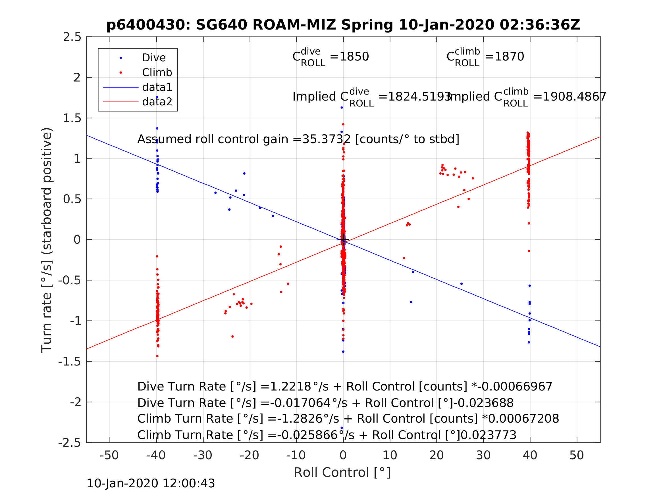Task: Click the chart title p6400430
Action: pos(343,25)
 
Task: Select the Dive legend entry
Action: pos(153,58)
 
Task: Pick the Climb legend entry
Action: pos(157,72)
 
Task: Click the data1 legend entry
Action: pos(157,87)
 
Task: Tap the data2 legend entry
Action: pos(157,102)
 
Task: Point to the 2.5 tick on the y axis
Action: pos(72,37)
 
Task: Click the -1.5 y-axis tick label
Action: pos(70,362)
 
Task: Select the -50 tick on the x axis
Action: pos(109,455)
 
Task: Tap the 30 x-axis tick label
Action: pos(483,455)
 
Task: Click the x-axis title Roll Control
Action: pos(342,473)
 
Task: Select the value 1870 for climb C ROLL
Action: pos(509,57)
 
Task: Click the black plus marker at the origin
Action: pos(343,240)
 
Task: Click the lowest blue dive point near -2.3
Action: pos(342,428)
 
